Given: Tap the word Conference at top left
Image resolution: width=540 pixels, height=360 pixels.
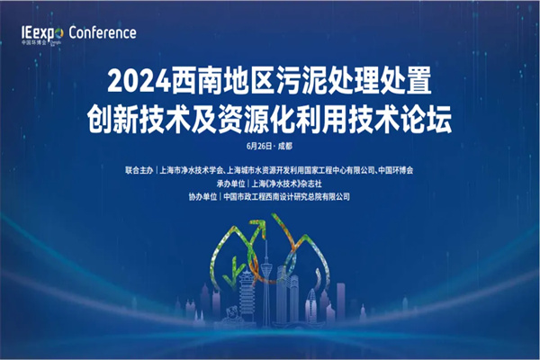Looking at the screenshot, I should click(x=102, y=32).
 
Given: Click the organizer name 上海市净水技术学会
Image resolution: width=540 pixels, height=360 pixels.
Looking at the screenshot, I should click(x=193, y=169).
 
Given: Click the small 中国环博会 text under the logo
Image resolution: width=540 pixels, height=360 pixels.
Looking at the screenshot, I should click(x=33, y=41).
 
